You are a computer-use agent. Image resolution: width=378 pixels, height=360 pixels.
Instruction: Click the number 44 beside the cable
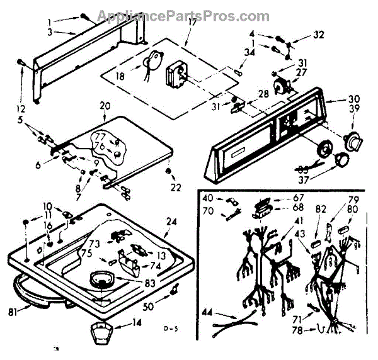[207, 312]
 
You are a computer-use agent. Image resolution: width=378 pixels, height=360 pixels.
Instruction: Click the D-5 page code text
[167, 329]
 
